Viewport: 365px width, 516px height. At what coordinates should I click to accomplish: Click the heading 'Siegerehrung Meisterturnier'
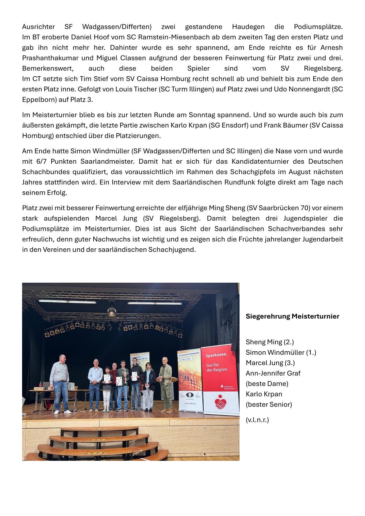pyautogui.click(x=292, y=316)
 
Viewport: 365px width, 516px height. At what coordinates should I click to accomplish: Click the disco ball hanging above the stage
pyautogui.click(x=112, y=312)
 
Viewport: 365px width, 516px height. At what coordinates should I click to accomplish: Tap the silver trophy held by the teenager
pyautogui.click(x=125, y=374)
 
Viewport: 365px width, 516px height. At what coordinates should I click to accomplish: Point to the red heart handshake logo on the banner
pyautogui.click(x=220, y=402)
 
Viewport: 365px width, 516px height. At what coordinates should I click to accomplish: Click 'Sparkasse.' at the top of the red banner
pyautogui.click(x=216, y=355)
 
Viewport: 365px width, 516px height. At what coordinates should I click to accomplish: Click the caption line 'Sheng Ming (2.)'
pyautogui.click(x=270, y=342)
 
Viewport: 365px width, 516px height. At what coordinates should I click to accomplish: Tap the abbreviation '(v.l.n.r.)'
pyautogui.click(x=257, y=420)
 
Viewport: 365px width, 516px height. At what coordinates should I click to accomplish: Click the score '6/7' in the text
pyautogui.click(x=41, y=162)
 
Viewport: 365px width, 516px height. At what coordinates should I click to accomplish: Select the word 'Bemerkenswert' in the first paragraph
pyautogui.click(x=48, y=68)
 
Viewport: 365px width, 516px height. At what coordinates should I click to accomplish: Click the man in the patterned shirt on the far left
pyautogui.click(x=60, y=383)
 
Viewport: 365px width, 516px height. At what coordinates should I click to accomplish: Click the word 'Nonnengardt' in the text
pyautogui.click(x=311, y=89)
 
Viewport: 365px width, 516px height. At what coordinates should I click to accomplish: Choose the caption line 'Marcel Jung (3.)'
pyautogui.click(x=270, y=363)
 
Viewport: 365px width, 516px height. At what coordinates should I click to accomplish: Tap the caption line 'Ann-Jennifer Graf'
pyautogui.click(x=273, y=373)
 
